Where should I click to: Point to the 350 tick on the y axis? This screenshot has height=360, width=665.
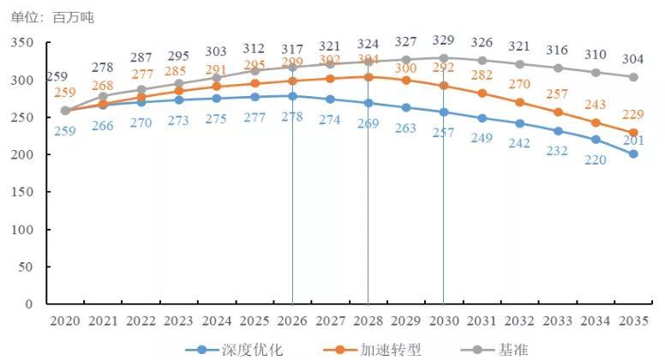(23, 43)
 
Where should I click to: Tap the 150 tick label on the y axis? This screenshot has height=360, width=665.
(23, 192)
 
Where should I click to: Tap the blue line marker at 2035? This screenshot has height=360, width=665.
(633, 154)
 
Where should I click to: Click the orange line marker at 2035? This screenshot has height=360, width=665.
(633, 133)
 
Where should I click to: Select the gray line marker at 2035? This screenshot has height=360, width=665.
(633, 77)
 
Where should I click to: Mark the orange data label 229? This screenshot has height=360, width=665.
(634, 116)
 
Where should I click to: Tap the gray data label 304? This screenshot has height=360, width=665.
(634, 59)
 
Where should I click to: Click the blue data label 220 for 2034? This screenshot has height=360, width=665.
(595, 159)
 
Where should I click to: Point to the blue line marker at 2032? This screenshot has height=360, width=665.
(519, 123)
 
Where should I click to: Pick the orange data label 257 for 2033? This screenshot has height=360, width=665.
(557, 93)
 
